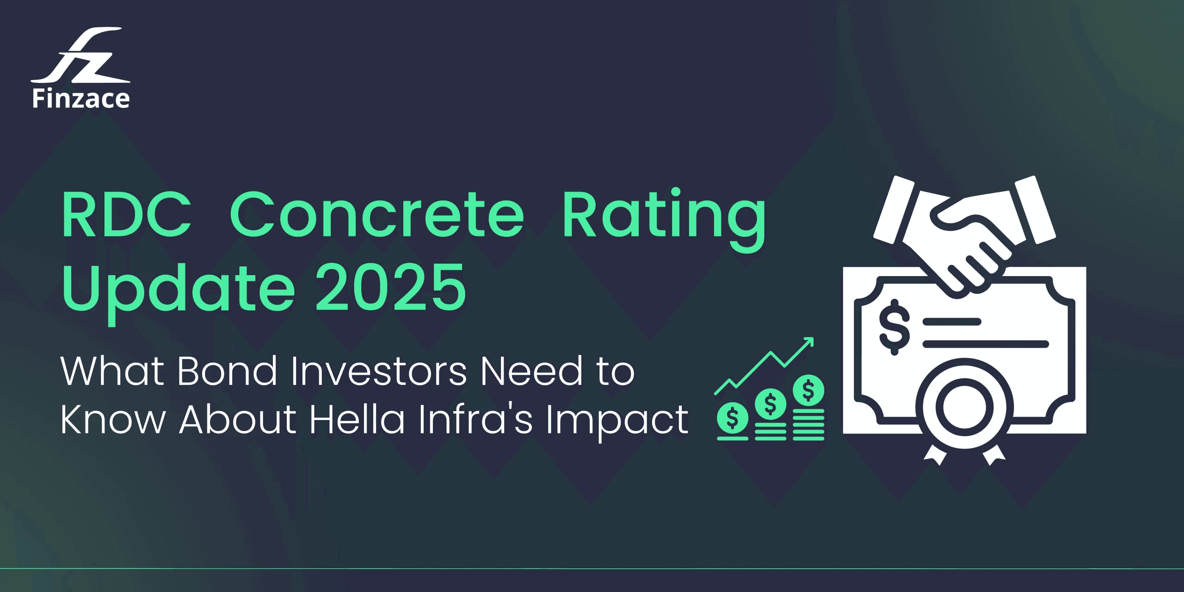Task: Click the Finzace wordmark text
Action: [x=81, y=99]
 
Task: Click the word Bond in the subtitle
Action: [x=227, y=371]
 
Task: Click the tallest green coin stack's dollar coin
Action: [x=808, y=390]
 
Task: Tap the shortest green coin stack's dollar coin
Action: [x=732, y=418]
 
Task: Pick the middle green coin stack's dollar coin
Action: [x=770, y=404]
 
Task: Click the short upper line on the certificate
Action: [x=952, y=322]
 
